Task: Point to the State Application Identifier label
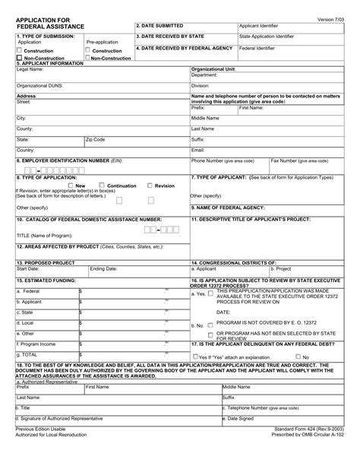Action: [267, 36]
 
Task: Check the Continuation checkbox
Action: [103, 185]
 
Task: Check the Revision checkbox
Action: [150, 185]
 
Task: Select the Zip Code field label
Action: [96, 140]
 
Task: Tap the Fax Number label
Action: [299, 161]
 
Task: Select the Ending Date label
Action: [104, 268]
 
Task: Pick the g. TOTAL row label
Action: [29, 354]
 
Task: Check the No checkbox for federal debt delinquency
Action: [298, 357]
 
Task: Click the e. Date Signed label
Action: [242, 418]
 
